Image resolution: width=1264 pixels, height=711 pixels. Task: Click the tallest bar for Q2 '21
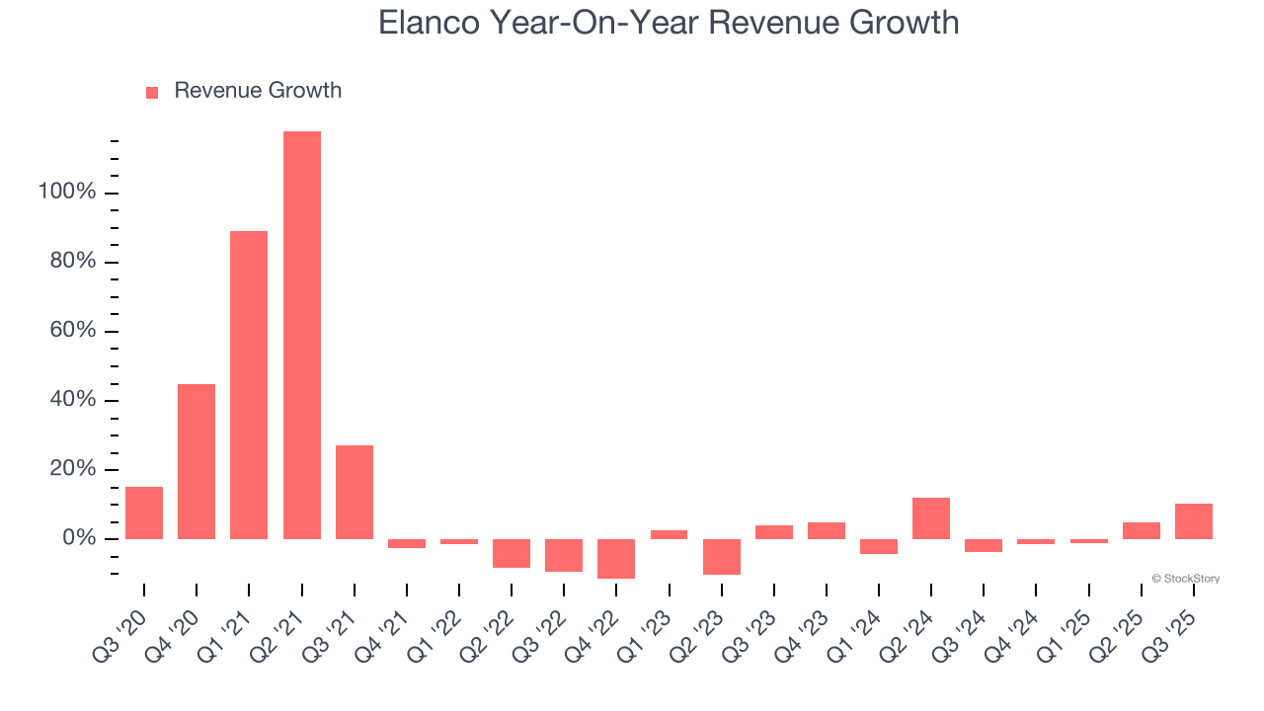coord(301,336)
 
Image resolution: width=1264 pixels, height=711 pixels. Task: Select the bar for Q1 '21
coord(249,385)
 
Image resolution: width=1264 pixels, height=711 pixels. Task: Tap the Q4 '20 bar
coord(197,461)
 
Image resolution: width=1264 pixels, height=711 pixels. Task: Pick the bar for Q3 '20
coord(144,513)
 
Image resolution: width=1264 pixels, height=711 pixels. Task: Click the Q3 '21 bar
coord(355,492)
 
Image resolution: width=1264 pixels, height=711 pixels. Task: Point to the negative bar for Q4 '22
coord(616,559)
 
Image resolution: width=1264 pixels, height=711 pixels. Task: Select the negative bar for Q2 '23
coord(722,557)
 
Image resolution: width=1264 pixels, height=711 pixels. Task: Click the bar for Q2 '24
coord(931,518)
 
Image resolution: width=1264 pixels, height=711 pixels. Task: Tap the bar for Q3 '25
coord(1194,521)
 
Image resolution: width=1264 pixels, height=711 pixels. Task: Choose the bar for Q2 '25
coord(1142,530)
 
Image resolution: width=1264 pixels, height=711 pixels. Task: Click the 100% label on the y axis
coord(67,192)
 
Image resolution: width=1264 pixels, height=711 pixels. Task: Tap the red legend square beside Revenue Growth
coord(152,93)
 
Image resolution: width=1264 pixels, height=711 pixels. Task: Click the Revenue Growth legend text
coord(258,91)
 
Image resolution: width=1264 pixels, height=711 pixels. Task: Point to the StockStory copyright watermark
coord(1185,579)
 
